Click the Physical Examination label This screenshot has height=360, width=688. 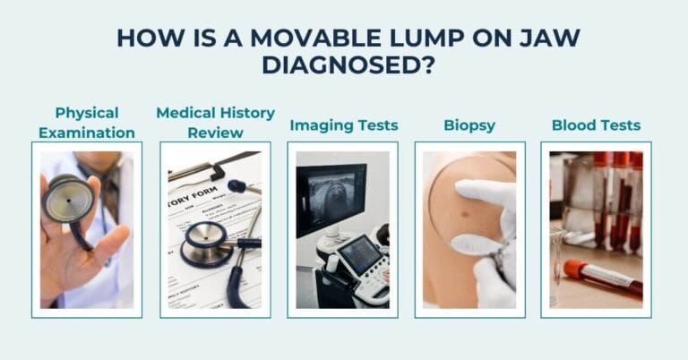pos(87,123)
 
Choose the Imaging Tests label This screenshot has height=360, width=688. pos(344,124)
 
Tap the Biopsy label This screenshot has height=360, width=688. pos(469,124)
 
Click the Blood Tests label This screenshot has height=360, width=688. pos(596,124)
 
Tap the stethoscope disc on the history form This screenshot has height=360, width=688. pos(205,243)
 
